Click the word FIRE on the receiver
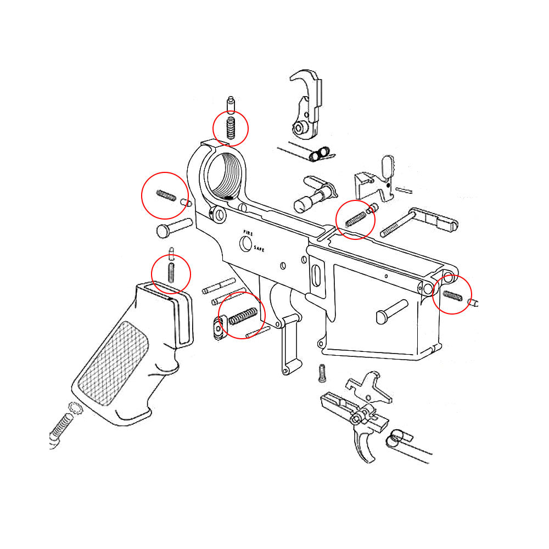[249, 233]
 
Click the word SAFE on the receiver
[259, 249]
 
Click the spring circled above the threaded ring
[231, 128]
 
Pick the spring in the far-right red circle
[452, 295]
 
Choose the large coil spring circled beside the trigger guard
[243, 316]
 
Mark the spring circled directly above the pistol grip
[171, 272]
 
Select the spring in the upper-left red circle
[165, 195]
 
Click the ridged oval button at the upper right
[388, 165]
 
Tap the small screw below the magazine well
[322, 373]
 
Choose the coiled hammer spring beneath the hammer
[318, 154]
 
